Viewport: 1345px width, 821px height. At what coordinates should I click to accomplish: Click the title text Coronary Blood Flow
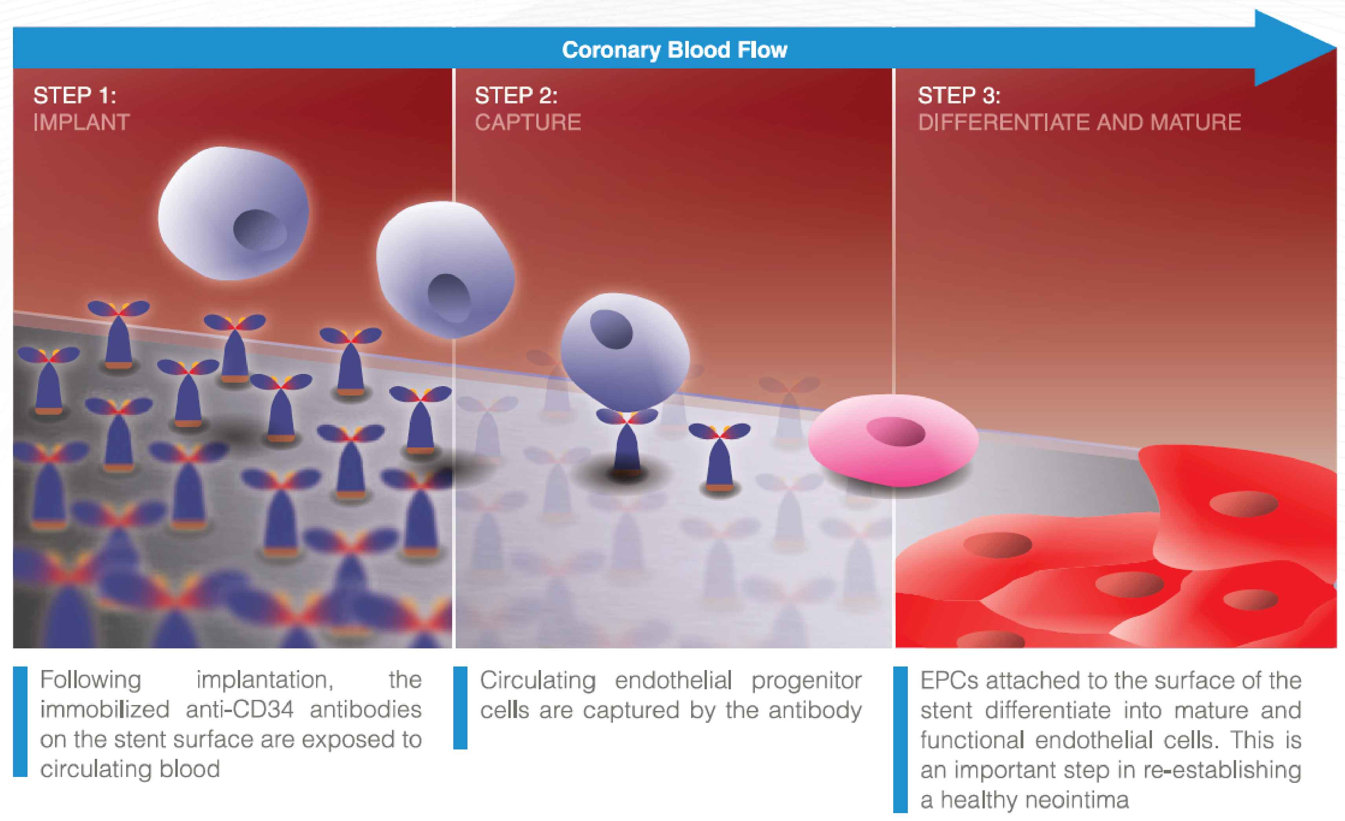pos(675,50)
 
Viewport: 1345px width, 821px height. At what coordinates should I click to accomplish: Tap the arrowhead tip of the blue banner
pos(1336,48)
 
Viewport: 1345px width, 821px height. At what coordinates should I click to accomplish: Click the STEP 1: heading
pos(75,96)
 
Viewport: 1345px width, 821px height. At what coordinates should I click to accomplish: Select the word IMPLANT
pos(81,122)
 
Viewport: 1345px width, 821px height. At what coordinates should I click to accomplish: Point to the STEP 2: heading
pos(516,96)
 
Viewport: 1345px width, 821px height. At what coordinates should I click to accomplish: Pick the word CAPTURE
pos(528,122)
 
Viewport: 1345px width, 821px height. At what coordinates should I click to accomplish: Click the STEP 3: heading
pos(959,96)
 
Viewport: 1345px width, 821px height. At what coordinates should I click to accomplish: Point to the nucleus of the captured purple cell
pos(611,329)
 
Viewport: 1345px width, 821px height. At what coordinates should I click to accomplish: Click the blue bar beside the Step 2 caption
pos(460,707)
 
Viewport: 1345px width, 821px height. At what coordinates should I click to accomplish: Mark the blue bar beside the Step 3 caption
pos(900,740)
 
